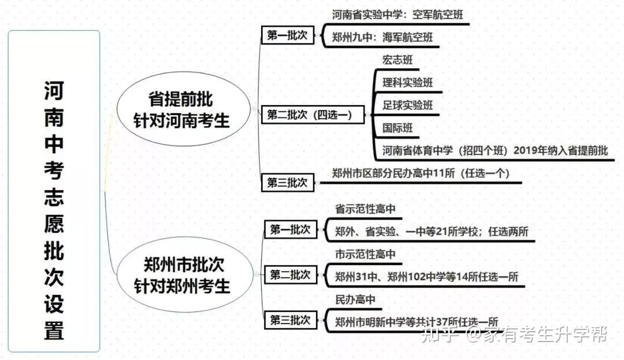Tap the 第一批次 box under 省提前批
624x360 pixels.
(x=287, y=35)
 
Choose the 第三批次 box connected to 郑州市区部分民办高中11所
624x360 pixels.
(x=287, y=183)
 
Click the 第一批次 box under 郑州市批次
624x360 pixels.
(x=290, y=230)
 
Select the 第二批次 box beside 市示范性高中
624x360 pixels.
(x=290, y=275)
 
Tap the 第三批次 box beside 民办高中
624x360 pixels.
(x=290, y=320)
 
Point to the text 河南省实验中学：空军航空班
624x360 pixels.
(x=398, y=16)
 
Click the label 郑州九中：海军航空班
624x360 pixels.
(x=382, y=38)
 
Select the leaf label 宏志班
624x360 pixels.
(x=398, y=60)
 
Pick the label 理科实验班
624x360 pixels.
(x=407, y=83)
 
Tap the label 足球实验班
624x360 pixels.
(x=407, y=106)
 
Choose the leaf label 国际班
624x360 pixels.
(x=398, y=128)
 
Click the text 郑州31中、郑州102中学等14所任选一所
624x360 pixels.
(x=426, y=277)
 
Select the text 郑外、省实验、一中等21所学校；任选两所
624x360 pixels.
(x=432, y=232)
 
